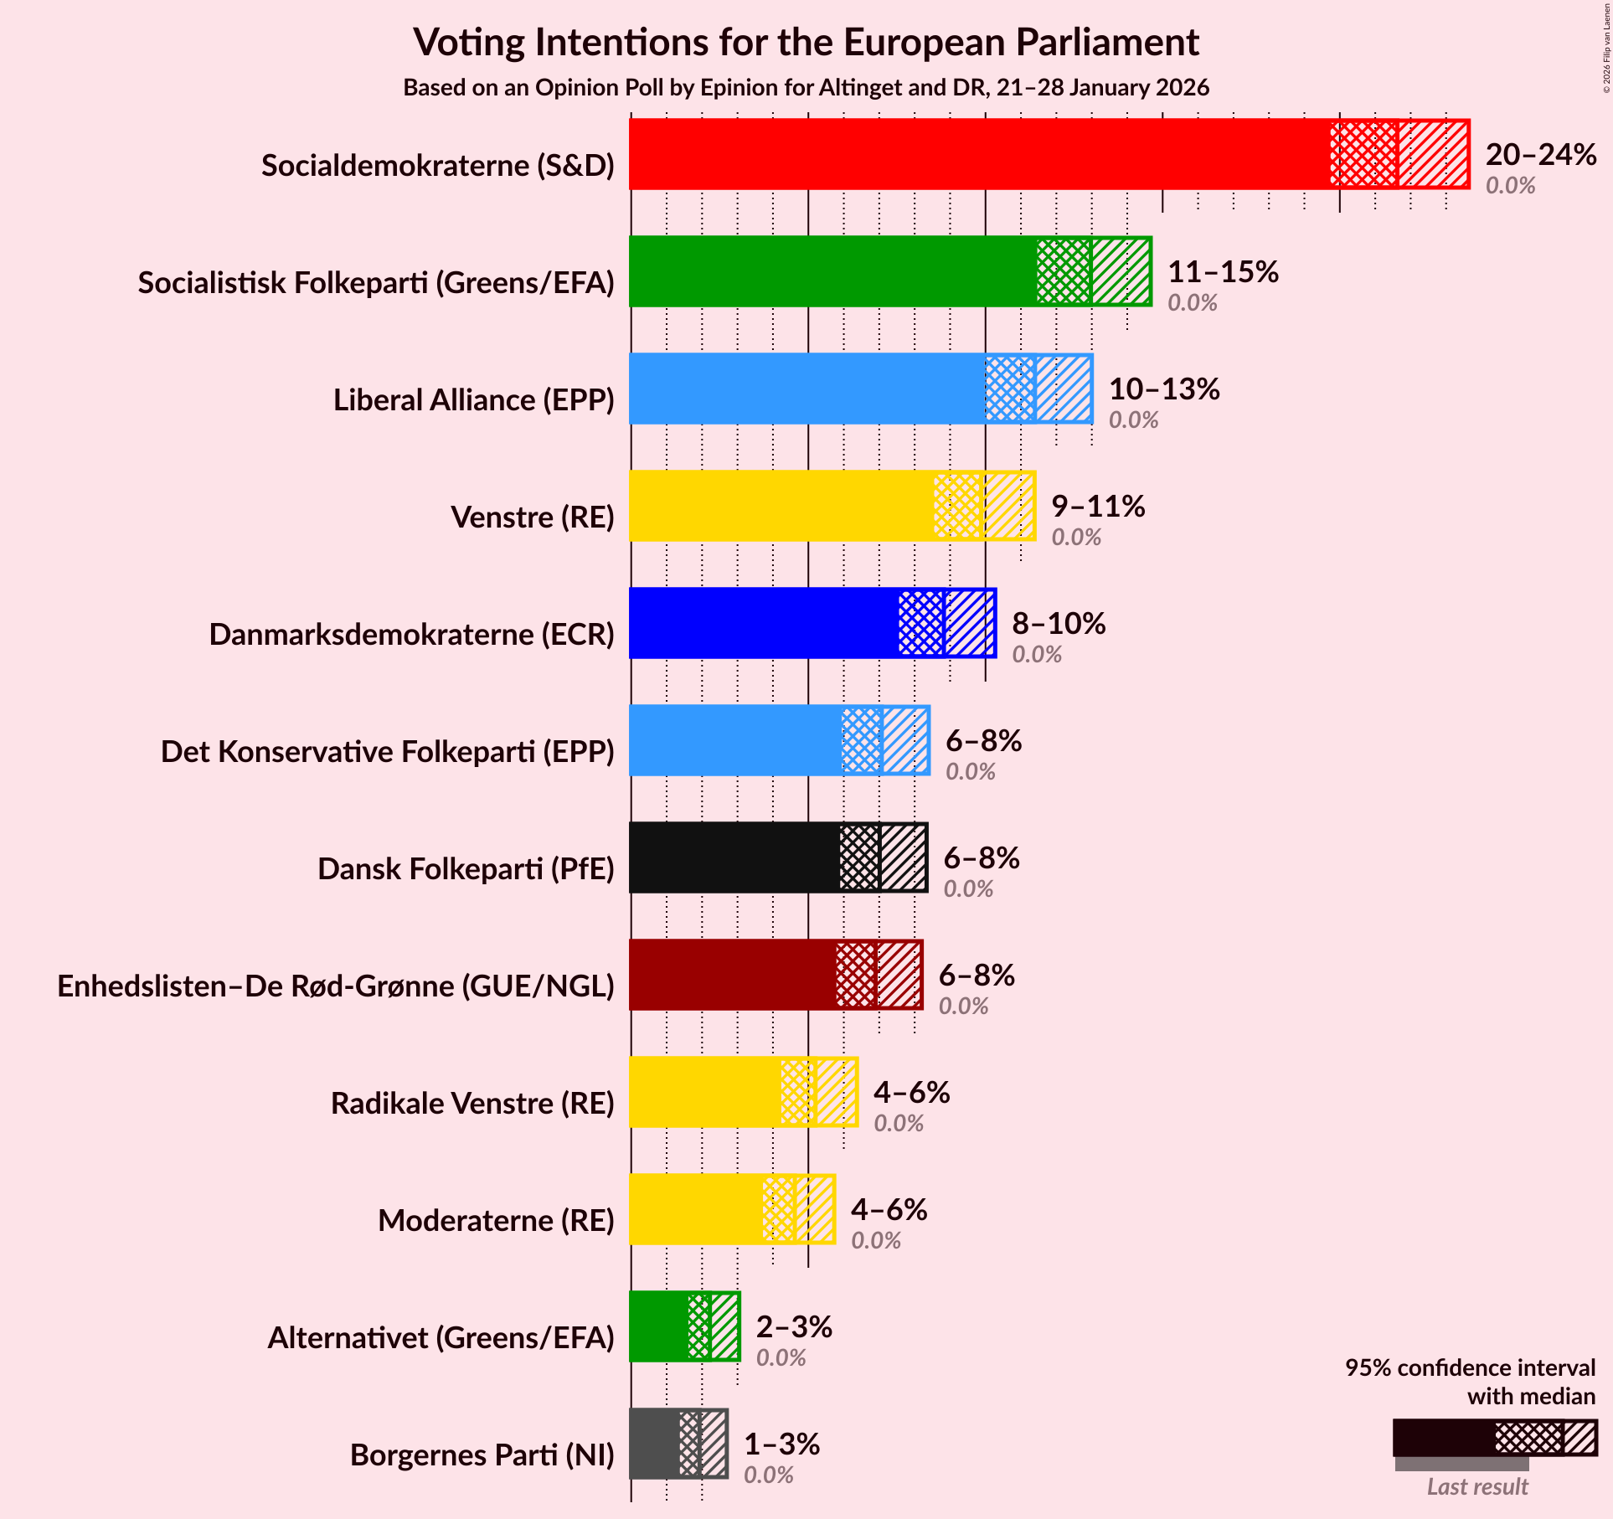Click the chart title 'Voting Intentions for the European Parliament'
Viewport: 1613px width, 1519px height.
(x=806, y=42)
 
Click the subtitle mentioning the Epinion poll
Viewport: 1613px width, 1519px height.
(x=806, y=88)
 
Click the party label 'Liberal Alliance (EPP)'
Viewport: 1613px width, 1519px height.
(x=474, y=400)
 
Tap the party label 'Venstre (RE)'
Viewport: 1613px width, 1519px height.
(x=533, y=517)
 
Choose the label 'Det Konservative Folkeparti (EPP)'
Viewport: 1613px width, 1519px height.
(x=388, y=752)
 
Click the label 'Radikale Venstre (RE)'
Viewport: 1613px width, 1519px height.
(x=472, y=1104)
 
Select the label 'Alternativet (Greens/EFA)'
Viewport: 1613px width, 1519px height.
(x=441, y=1338)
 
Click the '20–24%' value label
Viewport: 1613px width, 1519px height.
(x=1540, y=155)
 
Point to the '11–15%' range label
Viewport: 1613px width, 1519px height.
(x=1223, y=272)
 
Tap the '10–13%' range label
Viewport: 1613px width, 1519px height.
(x=1164, y=389)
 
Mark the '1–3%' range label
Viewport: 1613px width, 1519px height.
(x=781, y=1444)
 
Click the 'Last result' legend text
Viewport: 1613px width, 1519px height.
(x=1477, y=1486)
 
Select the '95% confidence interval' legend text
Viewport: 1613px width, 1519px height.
(x=1470, y=1368)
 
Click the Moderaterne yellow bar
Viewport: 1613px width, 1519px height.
(x=696, y=1209)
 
